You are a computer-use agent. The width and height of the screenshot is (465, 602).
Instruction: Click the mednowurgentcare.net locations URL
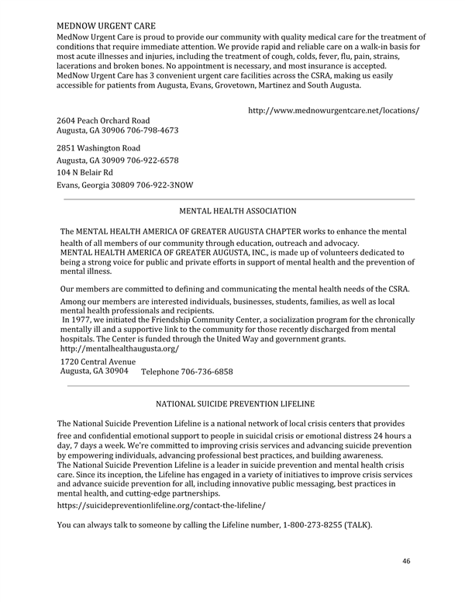pos(333,111)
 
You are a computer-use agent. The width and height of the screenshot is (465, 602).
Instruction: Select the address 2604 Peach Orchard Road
pos(103,120)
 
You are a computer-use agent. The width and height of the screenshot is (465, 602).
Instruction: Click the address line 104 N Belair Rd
pos(84,172)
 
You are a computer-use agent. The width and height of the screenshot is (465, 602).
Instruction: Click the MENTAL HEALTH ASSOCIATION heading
pos(237,211)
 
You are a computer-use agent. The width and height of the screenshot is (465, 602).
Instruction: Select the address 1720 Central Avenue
pos(98,362)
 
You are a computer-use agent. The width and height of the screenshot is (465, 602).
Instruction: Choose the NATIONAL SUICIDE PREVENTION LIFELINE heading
pos(236,404)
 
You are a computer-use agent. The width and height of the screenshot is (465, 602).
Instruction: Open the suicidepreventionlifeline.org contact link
pos(161,505)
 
